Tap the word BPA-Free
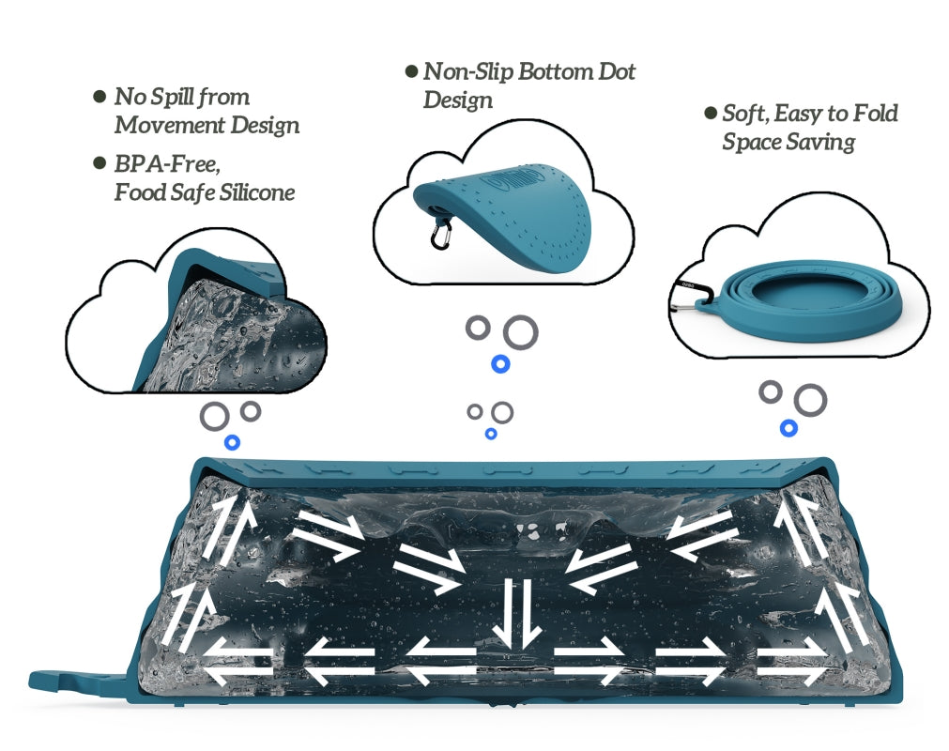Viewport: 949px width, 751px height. tap(167, 164)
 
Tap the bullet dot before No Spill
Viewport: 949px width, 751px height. tap(99, 97)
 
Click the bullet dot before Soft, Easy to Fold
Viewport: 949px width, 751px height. tap(710, 114)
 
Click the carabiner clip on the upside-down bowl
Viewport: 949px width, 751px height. tap(440, 235)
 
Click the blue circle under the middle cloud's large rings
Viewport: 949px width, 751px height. tap(501, 362)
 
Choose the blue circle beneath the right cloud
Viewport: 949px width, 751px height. tap(789, 428)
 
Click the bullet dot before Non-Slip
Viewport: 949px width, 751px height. tap(411, 71)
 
